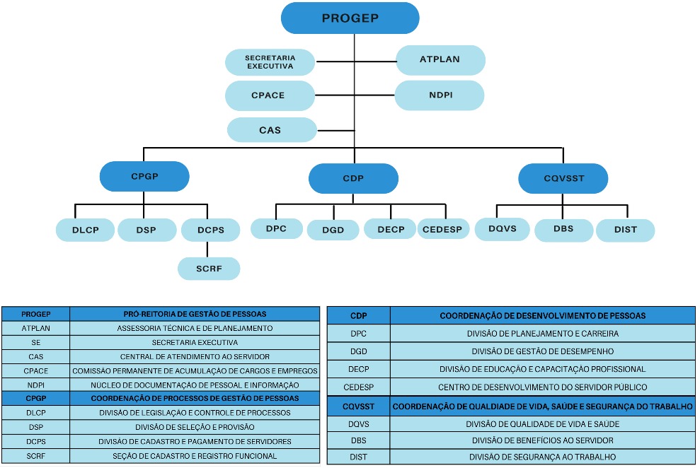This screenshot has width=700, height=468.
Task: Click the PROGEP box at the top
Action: [x=350, y=18]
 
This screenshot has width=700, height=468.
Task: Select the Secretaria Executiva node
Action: [x=270, y=62]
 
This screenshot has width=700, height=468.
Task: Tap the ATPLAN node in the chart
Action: [x=440, y=60]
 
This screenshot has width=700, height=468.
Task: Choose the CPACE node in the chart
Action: [x=270, y=95]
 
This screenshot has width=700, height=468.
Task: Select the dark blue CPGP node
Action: [x=144, y=177]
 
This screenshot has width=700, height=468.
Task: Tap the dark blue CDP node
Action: [x=352, y=178]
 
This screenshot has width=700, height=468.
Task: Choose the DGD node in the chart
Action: [x=334, y=230]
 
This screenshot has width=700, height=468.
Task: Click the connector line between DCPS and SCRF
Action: [x=207, y=249]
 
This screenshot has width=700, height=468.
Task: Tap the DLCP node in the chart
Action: [x=85, y=230]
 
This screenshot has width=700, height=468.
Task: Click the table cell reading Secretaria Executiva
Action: [x=195, y=342]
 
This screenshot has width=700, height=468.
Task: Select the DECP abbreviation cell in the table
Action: [x=358, y=369]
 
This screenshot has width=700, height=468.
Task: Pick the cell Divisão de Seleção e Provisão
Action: [x=195, y=427]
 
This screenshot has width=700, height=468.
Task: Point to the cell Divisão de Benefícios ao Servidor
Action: [x=542, y=440]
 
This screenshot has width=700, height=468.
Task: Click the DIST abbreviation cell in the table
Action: [x=358, y=457]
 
